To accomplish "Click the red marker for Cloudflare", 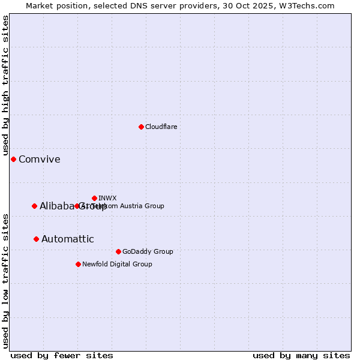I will click(x=141, y=127).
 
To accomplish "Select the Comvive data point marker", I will click(x=13, y=159).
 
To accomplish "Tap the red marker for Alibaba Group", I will click(x=34, y=206).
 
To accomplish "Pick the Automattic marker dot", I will click(x=36, y=239).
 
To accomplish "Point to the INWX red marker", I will click(x=94, y=198).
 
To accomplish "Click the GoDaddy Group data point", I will click(x=118, y=251).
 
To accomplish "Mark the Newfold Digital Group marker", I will click(x=78, y=264).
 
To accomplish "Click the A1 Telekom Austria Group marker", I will click(x=77, y=206).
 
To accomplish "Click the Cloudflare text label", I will click(x=161, y=127).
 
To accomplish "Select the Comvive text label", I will click(x=39, y=159).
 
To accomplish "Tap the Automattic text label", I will click(x=67, y=239).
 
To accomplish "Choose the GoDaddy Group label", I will click(x=147, y=251).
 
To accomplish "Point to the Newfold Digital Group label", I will click(x=117, y=264).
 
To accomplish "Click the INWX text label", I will click(x=107, y=198).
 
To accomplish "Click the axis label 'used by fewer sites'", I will click(x=62, y=355).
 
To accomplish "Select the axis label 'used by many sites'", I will click(x=301, y=355).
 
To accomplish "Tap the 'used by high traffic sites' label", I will click(x=5, y=85).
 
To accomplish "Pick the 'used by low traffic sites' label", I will click(x=5, y=281).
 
